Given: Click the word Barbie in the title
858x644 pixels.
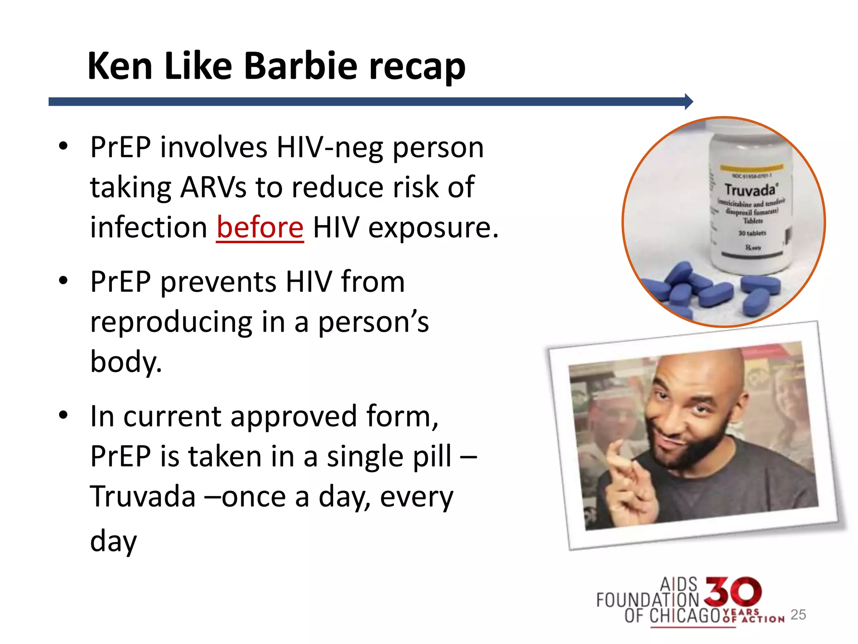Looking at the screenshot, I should coord(300,66).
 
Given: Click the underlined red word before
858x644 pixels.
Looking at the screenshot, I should coord(260,227).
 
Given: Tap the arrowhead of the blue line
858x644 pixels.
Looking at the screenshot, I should coord(688,101).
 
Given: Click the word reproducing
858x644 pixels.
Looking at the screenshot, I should coord(171,322).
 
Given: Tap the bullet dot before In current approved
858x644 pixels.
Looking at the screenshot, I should coord(63,415).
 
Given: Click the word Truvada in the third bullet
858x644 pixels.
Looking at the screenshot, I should coord(143,496).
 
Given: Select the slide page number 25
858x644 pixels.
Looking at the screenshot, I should coord(798,615).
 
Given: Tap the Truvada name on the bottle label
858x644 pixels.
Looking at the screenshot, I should coord(749,190).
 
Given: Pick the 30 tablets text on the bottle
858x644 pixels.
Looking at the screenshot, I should coord(752,233).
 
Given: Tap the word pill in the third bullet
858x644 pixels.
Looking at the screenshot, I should coord(432,456).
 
